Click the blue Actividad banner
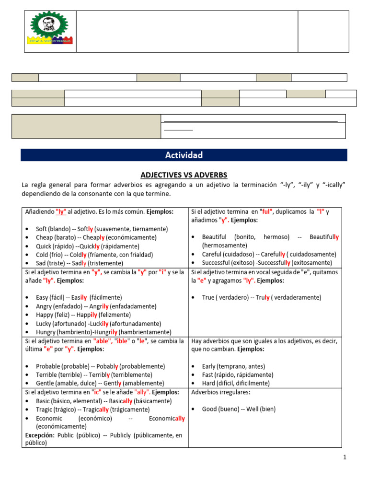click(x=184, y=155)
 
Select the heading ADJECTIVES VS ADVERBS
click(x=184, y=175)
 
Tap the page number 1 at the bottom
click(x=345, y=457)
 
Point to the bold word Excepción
click(x=39, y=435)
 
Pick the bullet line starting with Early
click(x=234, y=366)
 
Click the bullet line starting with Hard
click(x=236, y=383)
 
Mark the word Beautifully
click(x=324, y=237)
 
